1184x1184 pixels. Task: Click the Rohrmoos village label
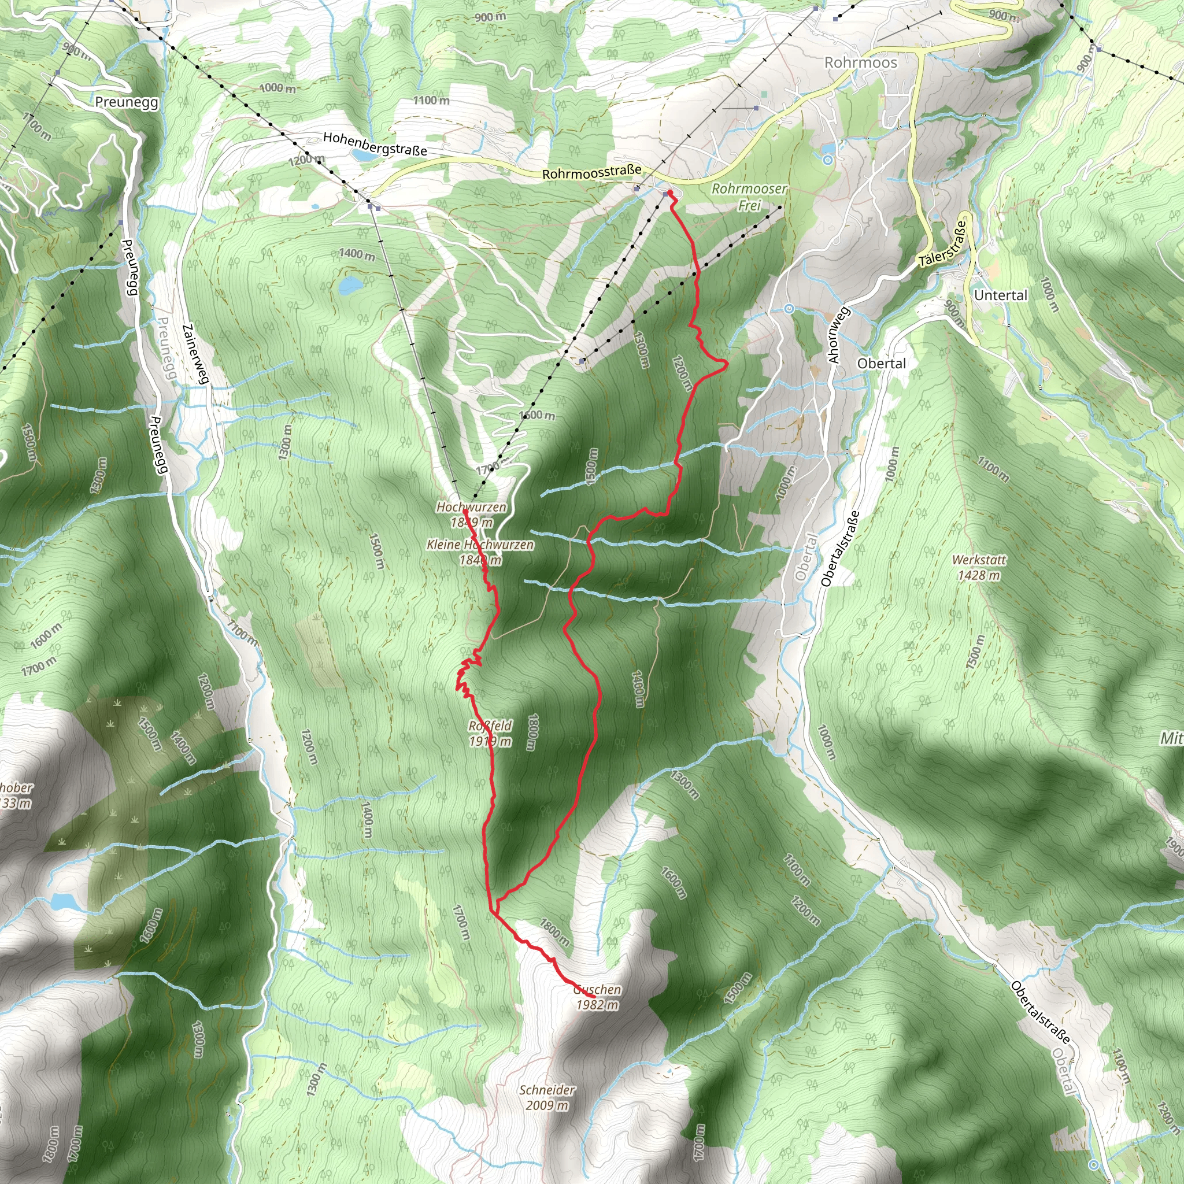pyautogui.click(x=860, y=62)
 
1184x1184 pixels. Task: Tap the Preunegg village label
pyautogui.click(x=127, y=102)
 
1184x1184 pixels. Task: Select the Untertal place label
pyautogui.click(x=1000, y=295)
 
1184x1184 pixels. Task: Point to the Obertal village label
pyautogui.click(x=881, y=364)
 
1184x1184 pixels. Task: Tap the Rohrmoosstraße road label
pyautogui.click(x=591, y=172)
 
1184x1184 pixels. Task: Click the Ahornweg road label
pyautogui.click(x=839, y=335)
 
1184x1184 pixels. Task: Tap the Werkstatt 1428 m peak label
pyautogui.click(x=979, y=567)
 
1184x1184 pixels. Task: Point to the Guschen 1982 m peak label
pyautogui.click(x=597, y=997)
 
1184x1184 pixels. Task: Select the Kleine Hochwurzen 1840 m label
pyautogui.click(x=480, y=552)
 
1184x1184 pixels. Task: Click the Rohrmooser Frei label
pyautogui.click(x=749, y=197)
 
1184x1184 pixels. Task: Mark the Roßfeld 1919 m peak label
pyautogui.click(x=490, y=734)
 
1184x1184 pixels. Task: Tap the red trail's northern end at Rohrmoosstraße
pyautogui.click(x=670, y=193)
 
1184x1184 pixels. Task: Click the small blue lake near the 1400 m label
pyautogui.click(x=350, y=285)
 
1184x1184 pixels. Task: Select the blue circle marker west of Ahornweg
pyautogui.click(x=789, y=309)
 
